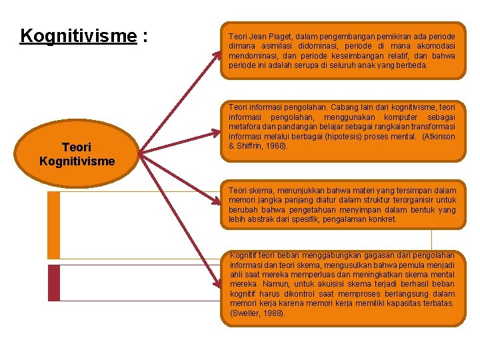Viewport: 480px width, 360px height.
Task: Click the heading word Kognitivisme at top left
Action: pos(78,35)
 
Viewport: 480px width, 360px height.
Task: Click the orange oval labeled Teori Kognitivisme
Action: pos(77,154)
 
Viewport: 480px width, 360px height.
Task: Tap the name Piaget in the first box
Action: pos(279,36)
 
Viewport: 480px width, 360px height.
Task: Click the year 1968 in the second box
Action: pos(275,146)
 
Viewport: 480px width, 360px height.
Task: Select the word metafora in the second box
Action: pos(245,127)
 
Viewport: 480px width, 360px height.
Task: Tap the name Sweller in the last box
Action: pos(247,313)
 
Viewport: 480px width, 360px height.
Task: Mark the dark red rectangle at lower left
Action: pos(53,283)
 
